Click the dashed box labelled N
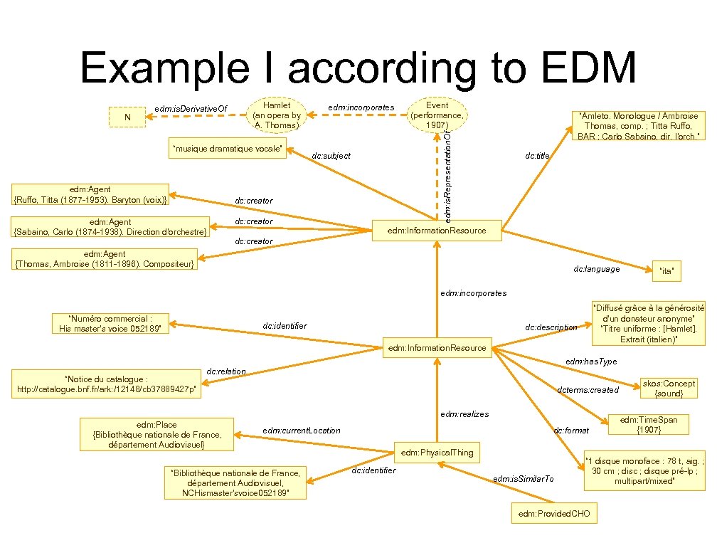coord(127,117)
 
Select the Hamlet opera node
coord(277,115)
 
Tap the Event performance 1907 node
coord(437,115)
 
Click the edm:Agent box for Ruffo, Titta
coord(91,194)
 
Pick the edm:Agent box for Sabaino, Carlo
coord(111,227)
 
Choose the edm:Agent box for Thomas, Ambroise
coord(105,260)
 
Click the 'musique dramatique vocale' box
coord(228,149)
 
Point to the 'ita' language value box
coord(666,270)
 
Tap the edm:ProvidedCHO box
coord(554,514)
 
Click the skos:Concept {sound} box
coord(668,388)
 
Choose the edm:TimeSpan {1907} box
coord(649,425)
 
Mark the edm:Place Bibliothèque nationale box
coord(157,435)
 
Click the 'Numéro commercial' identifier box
coord(110,324)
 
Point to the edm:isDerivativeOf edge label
coord(191,109)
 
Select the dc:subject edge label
coord(331,156)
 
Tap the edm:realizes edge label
coord(464,414)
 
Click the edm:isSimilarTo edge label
coord(523,479)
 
